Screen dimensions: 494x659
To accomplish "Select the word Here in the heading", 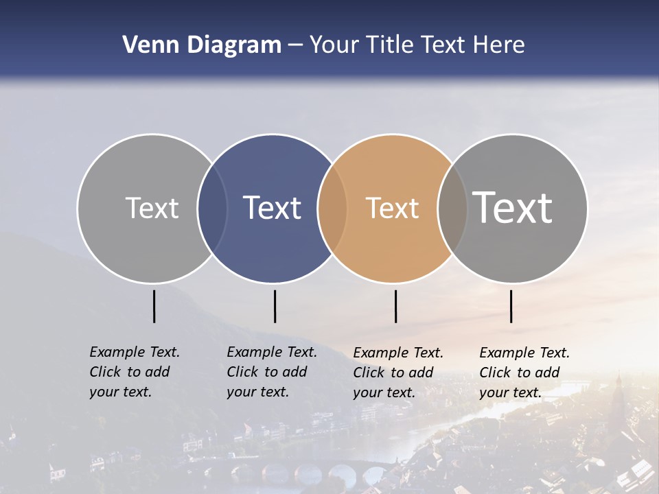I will [497, 45].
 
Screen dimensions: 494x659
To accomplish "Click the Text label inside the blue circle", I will [273, 208].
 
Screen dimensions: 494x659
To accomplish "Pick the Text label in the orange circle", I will [392, 208].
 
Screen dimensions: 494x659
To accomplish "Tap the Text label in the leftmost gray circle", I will [152, 208].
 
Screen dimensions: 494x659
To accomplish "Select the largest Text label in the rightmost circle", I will [513, 207].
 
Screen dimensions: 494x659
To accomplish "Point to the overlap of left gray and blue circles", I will [212, 209].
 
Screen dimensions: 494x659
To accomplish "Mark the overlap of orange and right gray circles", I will [452, 209].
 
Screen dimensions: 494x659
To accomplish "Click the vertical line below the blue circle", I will [275, 306].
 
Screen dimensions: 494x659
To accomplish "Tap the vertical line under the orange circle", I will [395, 306].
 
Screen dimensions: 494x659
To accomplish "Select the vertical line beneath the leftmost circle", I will [154, 306].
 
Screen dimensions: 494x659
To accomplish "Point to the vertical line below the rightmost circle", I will [511, 306].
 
